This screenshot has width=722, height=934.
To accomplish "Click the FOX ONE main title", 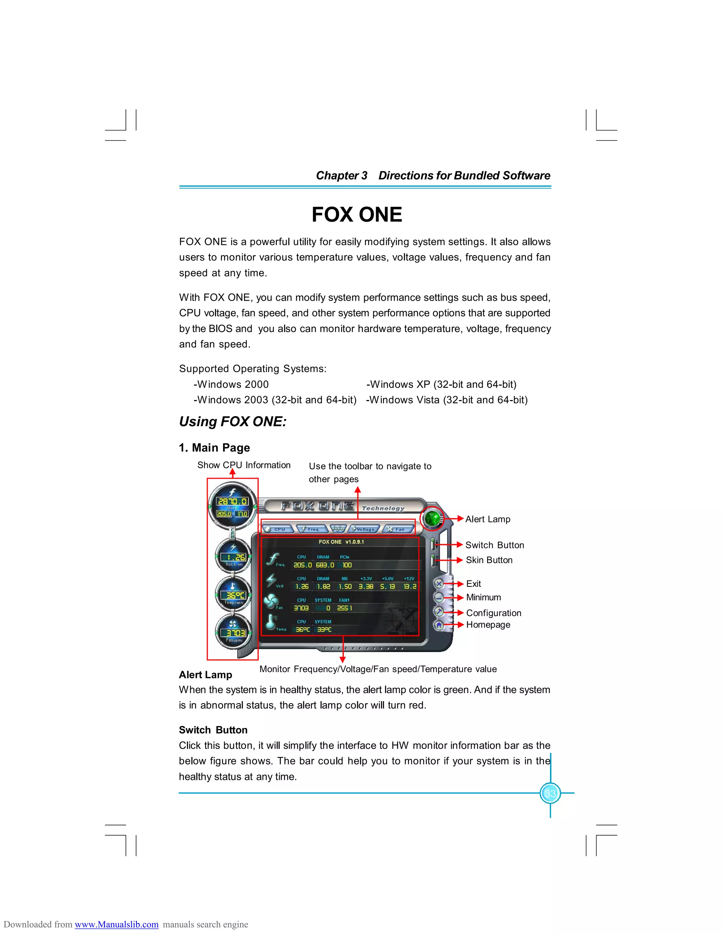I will click(357, 214).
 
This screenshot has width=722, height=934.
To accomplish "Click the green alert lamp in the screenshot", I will click(433, 519).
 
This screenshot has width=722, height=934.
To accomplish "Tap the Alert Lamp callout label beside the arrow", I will click(488, 519).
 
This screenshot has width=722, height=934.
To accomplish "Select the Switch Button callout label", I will click(495, 545).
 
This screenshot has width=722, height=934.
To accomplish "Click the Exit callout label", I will click(473, 584).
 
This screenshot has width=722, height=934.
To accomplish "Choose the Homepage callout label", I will click(488, 625).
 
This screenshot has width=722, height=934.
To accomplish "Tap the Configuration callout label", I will click(494, 613).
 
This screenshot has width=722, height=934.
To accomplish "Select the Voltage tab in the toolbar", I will click(363, 529).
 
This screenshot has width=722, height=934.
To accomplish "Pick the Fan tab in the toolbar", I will click(398, 529).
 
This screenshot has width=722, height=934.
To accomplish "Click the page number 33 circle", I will click(550, 793).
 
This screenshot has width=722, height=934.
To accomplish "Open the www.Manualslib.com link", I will click(116, 924).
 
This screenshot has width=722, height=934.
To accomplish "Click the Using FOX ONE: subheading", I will click(233, 421).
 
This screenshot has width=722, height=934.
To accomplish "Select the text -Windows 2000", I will click(231, 384).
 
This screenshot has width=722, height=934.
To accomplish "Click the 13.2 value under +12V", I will click(410, 586).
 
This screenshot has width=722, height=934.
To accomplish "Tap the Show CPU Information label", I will click(244, 465).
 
